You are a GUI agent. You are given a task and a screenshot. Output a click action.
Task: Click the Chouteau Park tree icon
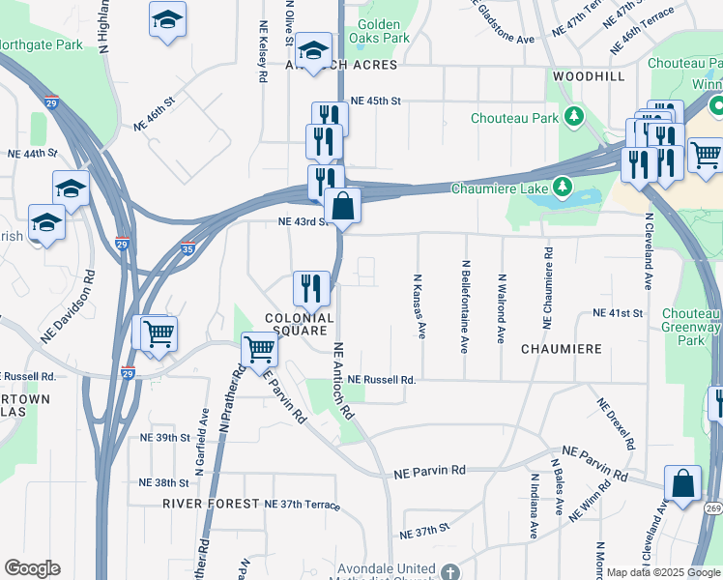click(x=575, y=118)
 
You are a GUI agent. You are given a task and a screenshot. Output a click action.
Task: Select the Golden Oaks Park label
click(x=384, y=31)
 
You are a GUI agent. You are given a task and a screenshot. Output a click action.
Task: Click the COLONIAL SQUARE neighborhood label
click(x=300, y=325)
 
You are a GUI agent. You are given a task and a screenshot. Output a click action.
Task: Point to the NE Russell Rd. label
click(x=382, y=380)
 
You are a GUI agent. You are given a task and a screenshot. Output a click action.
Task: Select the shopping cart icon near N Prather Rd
click(x=259, y=351)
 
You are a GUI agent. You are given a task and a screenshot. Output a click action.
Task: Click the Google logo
click(x=32, y=568)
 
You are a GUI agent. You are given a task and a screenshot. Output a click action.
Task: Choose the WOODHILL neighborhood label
click(x=589, y=75)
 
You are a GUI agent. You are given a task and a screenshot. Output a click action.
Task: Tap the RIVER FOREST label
click(x=211, y=504)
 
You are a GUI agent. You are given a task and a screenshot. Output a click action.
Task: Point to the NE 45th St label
click(x=375, y=100)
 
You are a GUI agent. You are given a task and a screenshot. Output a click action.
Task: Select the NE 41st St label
click(x=619, y=314)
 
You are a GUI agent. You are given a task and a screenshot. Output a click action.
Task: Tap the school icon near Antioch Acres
click(x=313, y=52)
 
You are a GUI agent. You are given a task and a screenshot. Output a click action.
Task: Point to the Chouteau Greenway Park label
click(x=691, y=327)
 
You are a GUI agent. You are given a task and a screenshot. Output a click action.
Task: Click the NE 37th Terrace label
click(x=302, y=505)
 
